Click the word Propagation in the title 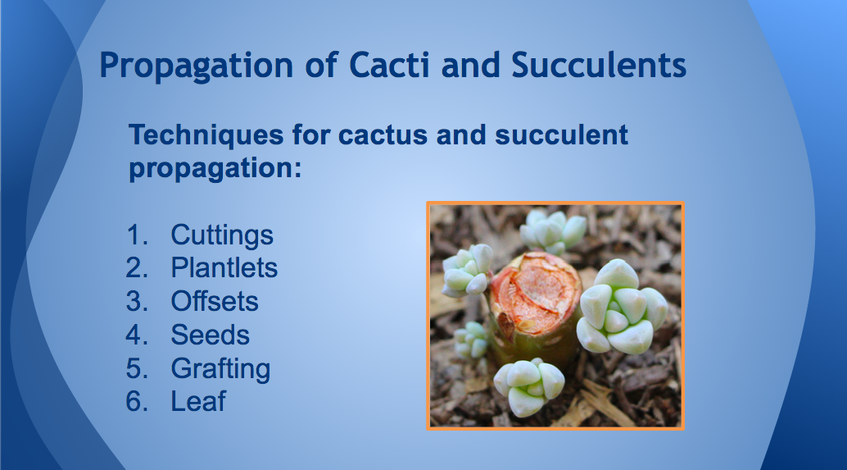(196, 66)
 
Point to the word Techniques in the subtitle (206, 135)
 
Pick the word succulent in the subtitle (561, 135)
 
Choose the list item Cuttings (222, 235)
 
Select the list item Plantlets (224, 267)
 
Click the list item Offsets (215, 301)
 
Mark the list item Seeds (211, 335)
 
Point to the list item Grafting (220, 369)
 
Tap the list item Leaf (198, 401)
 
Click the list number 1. (137, 235)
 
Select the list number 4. (137, 335)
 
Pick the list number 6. (137, 402)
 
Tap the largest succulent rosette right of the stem (621, 308)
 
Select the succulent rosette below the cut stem (529, 386)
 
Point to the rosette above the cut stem (553, 231)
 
